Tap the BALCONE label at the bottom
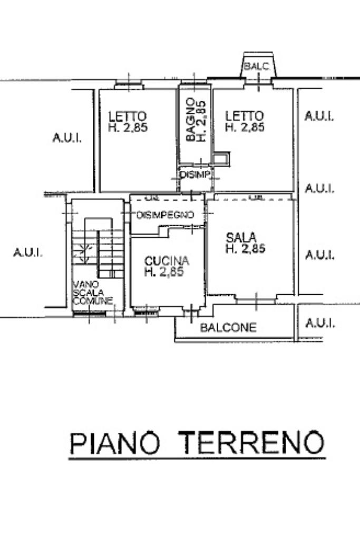228,327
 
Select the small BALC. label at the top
257,67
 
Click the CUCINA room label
167,261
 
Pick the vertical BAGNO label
190,120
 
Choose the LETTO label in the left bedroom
127,115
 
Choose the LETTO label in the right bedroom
244,115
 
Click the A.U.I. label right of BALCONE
319,323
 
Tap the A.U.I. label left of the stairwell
28,253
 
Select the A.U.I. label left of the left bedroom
67,138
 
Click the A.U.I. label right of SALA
319,255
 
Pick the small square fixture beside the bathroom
221,158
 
